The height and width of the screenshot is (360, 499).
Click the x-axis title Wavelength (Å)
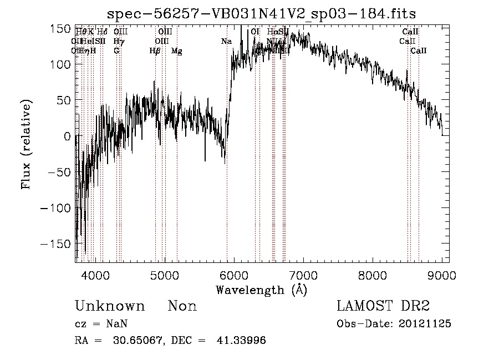(x=261, y=290)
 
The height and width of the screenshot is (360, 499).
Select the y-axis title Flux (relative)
(x=26, y=144)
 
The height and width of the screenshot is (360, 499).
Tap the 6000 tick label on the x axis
(x=234, y=274)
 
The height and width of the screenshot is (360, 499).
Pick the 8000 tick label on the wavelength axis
(x=373, y=274)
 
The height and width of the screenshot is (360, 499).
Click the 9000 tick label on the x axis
(x=442, y=274)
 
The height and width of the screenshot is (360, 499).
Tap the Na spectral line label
(x=226, y=42)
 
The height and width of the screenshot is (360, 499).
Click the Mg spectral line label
(x=176, y=51)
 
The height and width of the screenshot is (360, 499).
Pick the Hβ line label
(x=155, y=51)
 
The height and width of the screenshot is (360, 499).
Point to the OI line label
(x=255, y=32)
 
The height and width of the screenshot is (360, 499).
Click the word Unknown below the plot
(x=110, y=306)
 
